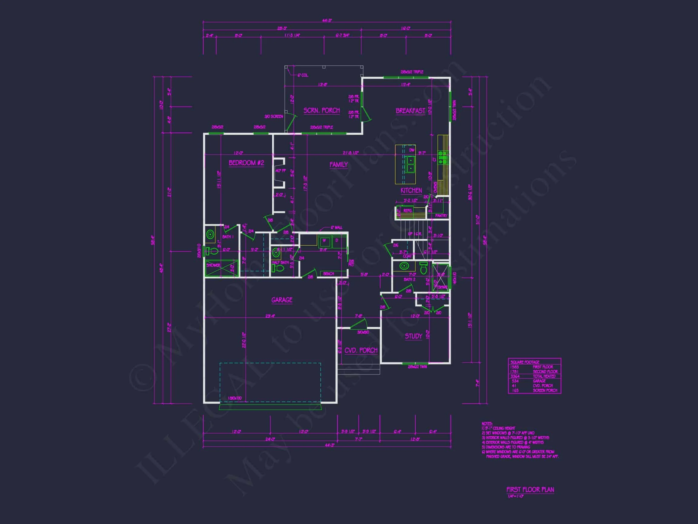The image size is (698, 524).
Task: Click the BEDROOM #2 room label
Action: click(246, 163)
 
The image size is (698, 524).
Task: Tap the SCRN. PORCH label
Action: click(321, 111)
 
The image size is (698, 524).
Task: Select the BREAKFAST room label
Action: click(410, 111)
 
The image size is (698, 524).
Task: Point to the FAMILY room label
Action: click(338, 165)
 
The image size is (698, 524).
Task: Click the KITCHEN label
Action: click(411, 190)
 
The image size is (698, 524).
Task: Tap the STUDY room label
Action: click(413, 336)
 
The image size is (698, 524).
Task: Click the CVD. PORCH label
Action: click(361, 350)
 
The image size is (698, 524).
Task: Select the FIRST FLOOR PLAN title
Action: click(530, 489)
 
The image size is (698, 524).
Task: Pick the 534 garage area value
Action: click(515, 381)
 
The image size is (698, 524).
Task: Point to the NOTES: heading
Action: click(487, 424)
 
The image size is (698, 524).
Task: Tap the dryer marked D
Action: click(337, 241)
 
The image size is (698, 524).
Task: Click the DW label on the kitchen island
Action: click(411, 150)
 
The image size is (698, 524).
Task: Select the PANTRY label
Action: click(441, 216)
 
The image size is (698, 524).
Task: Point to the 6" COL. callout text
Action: click(303, 76)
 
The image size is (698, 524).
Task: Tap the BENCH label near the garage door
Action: click(328, 274)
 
